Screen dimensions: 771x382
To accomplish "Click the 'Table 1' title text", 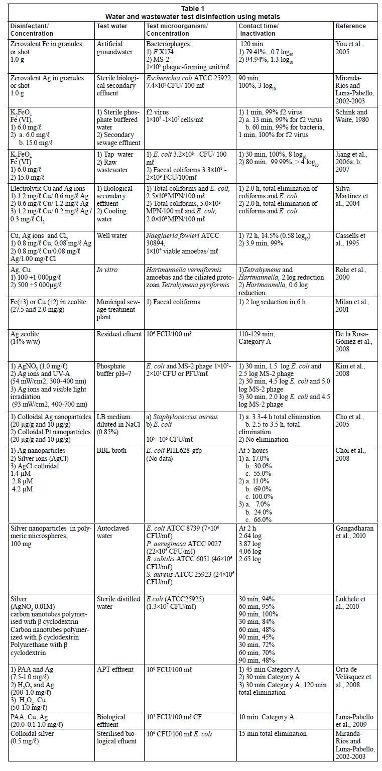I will pos(191,8).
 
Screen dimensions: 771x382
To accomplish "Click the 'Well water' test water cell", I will pos(112,235).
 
